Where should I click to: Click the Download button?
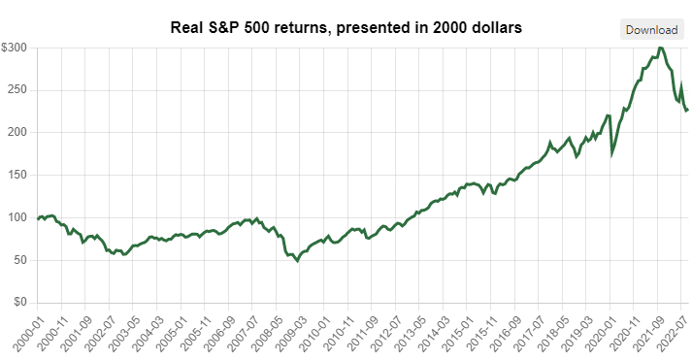pyautogui.click(x=651, y=29)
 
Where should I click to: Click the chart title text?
pyautogui.click(x=346, y=29)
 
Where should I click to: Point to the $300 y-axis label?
pyautogui.click(x=15, y=48)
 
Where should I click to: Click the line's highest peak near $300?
pyautogui.click(x=661, y=48)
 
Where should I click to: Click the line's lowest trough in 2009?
pyautogui.click(x=298, y=261)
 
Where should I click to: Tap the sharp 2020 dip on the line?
pyautogui.click(x=611, y=152)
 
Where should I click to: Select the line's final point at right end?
pyautogui.click(x=688, y=110)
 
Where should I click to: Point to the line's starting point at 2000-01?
pyautogui.click(x=38, y=218)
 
